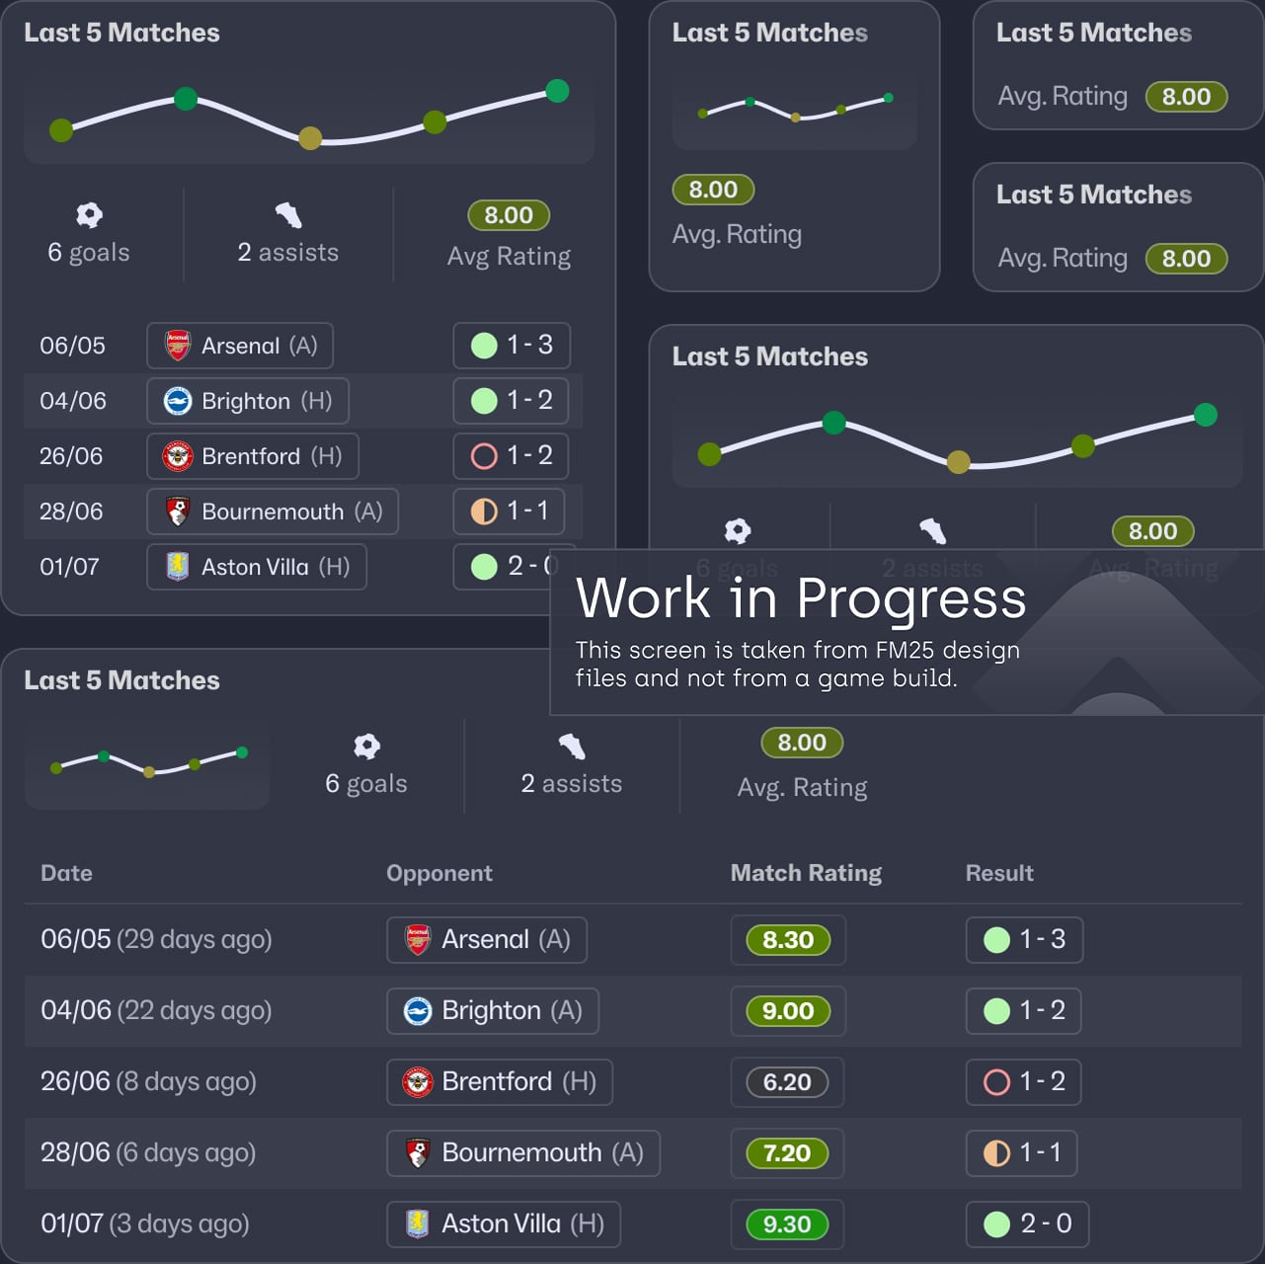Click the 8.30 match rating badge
point(788,940)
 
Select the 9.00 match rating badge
point(788,1011)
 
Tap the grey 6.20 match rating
point(787,1082)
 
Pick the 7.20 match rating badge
point(787,1153)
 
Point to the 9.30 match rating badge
point(787,1224)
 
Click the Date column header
point(66,873)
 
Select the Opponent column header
point(439,873)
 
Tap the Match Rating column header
point(806,873)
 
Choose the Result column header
point(999,873)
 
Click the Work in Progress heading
point(801,598)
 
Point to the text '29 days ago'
point(195,939)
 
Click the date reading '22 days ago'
point(195,1010)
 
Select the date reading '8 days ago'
point(187,1081)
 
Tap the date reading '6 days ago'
point(186,1152)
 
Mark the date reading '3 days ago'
point(179,1224)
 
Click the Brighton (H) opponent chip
point(248,401)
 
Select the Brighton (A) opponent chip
point(492,1011)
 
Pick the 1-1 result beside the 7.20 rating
point(1022,1153)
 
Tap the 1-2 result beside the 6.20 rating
point(1024,1082)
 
